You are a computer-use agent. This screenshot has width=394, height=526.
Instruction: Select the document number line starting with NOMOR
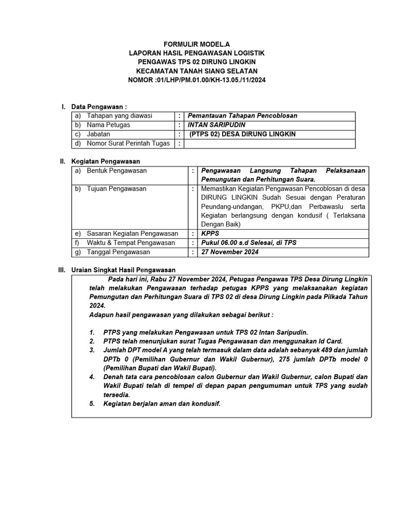pos(197,80)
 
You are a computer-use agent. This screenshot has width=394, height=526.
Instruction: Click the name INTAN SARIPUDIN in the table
pos(216,125)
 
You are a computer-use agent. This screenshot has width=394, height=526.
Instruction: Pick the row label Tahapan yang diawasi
pos(119,116)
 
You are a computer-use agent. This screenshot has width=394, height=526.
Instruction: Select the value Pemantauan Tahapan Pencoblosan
pos(242,116)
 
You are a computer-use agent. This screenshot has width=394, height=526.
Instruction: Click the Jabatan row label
pos(99,134)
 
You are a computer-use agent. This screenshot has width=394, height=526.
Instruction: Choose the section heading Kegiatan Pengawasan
pos(106,161)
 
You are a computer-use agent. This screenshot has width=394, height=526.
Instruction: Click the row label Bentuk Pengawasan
pos(116,170)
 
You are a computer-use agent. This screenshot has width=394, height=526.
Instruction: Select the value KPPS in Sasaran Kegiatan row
pos(210,233)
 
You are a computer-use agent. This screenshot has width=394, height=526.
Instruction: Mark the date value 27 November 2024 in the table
pos(230,252)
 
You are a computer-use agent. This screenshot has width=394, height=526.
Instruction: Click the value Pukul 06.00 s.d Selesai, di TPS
pos(249,242)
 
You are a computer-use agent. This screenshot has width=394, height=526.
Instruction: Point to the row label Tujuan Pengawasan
pos(116,189)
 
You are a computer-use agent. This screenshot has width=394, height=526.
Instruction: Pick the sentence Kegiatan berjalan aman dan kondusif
pos(162,404)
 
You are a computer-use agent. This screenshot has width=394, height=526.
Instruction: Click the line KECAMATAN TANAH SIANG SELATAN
pos(197,71)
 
